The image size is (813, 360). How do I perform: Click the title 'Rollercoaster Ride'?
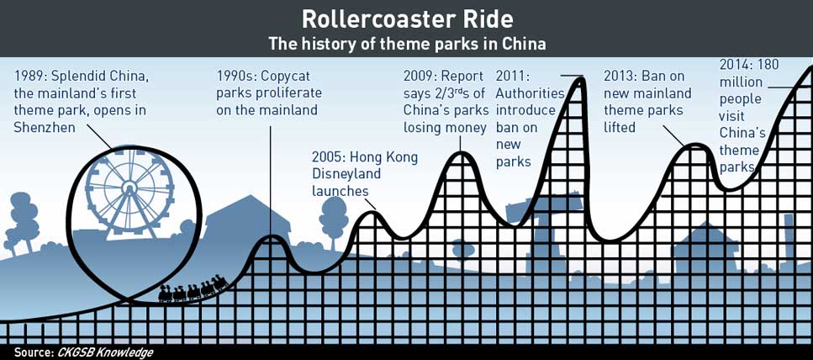pyautogui.click(x=407, y=19)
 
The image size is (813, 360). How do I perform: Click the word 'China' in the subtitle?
pyautogui.click(x=524, y=44)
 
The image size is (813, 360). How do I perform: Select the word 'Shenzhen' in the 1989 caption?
pyautogui.click(x=45, y=127)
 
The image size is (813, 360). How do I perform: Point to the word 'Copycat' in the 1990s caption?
pyautogui.click(x=285, y=77)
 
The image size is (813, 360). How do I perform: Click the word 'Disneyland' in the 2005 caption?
pyautogui.click(x=346, y=174)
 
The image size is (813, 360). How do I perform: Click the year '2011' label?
pyautogui.click(x=512, y=77)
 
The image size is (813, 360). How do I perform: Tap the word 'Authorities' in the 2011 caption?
pyautogui.click(x=530, y=93)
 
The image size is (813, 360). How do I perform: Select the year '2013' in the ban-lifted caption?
pyautogui.click(x=620, y=77)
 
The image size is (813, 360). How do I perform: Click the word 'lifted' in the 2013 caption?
pyautogui.click(x=620, y=127)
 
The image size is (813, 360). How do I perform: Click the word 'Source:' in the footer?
pyautogui.click(x=31, y=352)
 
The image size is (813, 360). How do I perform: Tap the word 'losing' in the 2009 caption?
pyautogui.click(x=424, y=128)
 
